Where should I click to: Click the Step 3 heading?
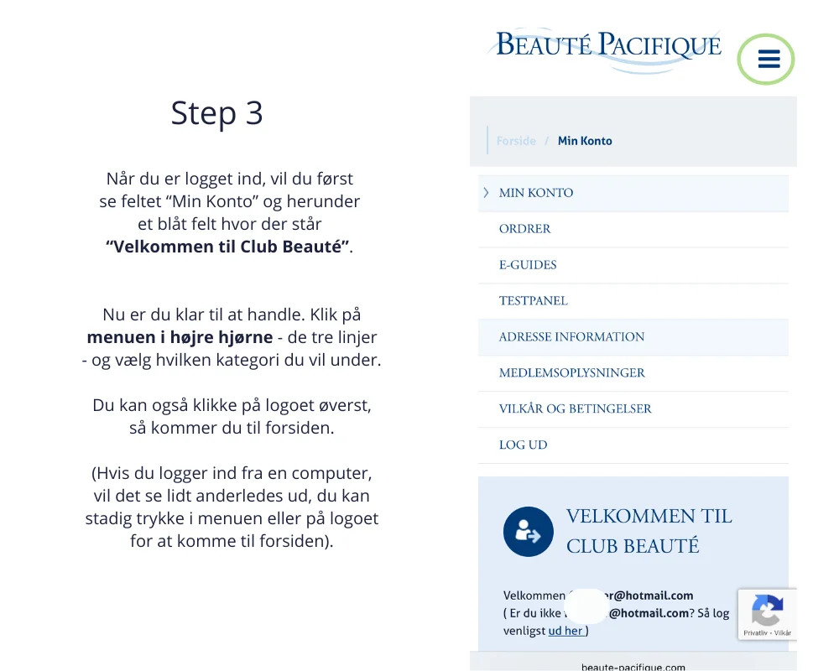pos(216,112)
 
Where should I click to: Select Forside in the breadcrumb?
pos(516,141)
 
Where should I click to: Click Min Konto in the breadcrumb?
pos(585,141)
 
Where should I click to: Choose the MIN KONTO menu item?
pos(536,193)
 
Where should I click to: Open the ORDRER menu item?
pos(525,229)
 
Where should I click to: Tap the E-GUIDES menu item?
pos(528,265)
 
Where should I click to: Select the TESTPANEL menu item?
pos(534,301)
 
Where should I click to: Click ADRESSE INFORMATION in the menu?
pos(571,337)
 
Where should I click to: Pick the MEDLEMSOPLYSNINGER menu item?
pos(571,373)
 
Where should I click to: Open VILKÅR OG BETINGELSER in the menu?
pos(575,409)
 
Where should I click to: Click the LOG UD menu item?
pos(523,445)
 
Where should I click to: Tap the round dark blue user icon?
pos(529,532)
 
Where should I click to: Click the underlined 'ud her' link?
pos(566,631)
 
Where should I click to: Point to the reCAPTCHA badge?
pos(767,614)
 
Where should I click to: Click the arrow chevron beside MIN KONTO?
pos(486,193)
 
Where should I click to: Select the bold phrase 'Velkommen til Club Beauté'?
pos(227,247)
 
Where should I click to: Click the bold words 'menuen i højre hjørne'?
pos(180,338)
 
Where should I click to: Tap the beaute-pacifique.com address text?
pos(633,667)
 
